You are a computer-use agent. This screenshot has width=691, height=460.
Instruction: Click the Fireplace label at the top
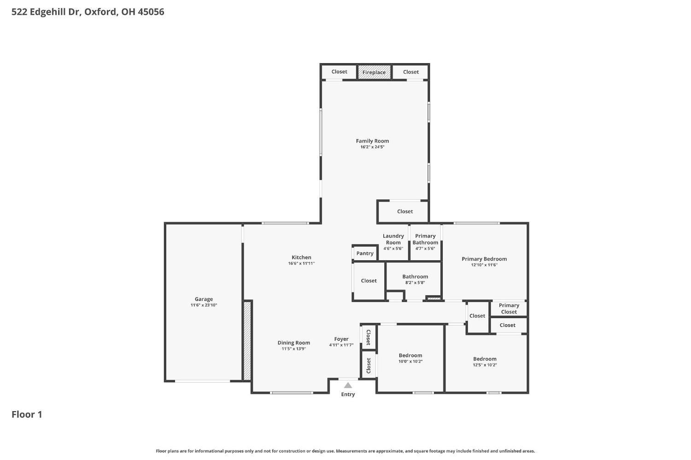coord(374,72)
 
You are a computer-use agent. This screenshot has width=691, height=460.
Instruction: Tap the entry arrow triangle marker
coord(348,385)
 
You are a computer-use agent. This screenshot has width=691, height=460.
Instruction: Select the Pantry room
coord(365,253)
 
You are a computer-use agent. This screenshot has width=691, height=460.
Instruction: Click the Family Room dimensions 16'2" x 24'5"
coord(372,147)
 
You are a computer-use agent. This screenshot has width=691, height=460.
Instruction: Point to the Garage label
coord(204,299)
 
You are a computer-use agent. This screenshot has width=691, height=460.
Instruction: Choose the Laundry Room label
coord(393,239)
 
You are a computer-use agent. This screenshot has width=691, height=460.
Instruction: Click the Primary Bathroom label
coord(425,239)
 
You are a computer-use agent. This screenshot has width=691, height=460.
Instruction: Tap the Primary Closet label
coord(509,309)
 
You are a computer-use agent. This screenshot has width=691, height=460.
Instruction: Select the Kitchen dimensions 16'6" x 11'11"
coord(301,263)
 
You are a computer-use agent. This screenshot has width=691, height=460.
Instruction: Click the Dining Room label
coord(294,343)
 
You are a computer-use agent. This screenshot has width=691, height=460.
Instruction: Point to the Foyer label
coord(341,339)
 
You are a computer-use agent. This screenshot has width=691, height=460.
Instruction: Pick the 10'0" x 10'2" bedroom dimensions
coord(410,361)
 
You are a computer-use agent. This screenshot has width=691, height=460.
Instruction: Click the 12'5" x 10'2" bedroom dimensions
coord(485,365)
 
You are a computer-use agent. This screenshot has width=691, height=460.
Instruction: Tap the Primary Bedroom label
coord(484,259)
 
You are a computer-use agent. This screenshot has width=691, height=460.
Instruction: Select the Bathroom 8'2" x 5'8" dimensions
coord(415,282)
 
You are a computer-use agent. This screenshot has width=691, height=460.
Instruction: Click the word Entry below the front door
coord(348,394)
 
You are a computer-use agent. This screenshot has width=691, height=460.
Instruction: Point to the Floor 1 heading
coord(27,414)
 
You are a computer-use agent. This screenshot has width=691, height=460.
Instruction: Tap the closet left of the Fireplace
coord(340,72)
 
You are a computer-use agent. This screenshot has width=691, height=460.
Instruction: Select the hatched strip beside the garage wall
coord(247,341)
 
